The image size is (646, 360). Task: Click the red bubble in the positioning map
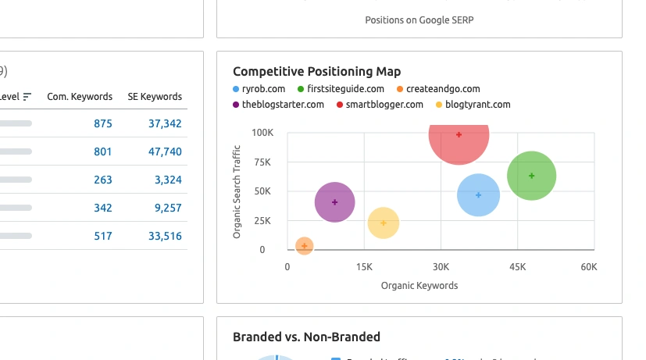[459, 136]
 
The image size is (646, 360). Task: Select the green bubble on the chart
[531, 176]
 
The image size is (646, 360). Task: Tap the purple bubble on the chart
[334, 202]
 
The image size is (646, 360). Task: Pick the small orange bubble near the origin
[305, 246]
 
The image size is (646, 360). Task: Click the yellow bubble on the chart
[383, 223]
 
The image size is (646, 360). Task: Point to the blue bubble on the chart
[479, 194]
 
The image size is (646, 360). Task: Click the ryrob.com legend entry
[263, 89]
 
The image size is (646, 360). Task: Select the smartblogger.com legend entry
[384, 104]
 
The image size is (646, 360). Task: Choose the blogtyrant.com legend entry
[477, 104]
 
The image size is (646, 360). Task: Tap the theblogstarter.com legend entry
[283, 104]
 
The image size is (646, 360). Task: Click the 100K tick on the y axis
[262, 133]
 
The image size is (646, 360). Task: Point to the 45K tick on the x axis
[517, 267]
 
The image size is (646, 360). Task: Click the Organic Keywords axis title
[419, 286]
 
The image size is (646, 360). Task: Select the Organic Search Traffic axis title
[237, 191]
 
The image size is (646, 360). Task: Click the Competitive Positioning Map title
[316, 72]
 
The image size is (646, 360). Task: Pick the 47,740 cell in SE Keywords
[165, 151]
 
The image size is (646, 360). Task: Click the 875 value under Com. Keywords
[103, 123]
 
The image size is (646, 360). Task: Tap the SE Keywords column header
[155, 97]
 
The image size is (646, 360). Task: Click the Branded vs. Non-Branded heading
[306, 337]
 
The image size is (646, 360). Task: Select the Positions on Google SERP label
[419, 20]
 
